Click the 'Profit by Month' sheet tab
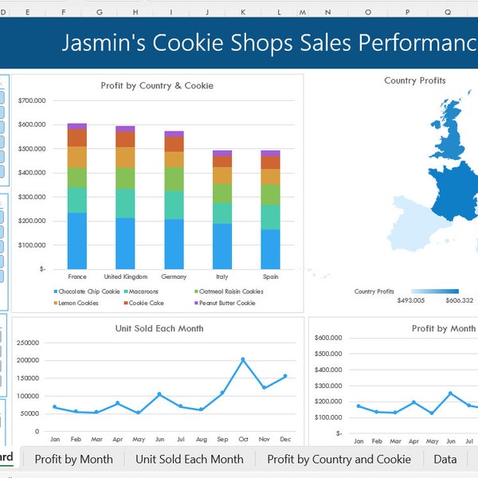click(73, 459)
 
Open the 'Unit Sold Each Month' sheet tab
click(189, 459)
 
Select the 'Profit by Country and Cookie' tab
click(339, 459)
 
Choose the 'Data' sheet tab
click(445, 459)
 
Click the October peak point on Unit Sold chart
click(243, 359)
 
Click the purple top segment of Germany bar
click(174, 135)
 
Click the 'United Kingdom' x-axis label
click(125, 276)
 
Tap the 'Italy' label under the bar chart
click(222, 276)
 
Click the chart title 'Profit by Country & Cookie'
click(157, 85)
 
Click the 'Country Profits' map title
click(414, 80)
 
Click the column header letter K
click(242, 12)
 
